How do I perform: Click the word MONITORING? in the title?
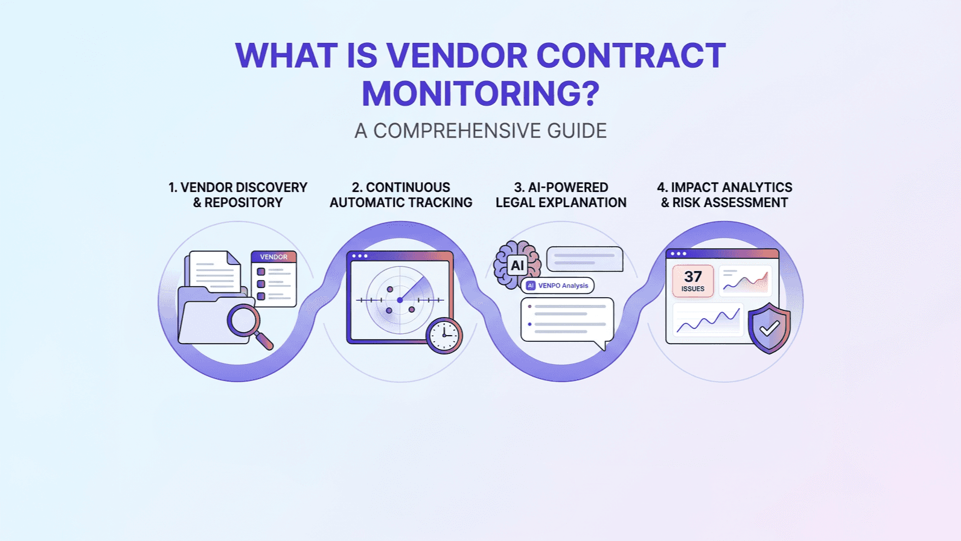coord(481,94)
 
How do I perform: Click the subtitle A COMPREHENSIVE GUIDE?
coord(481,131)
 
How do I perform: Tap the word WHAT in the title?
coord(286,56)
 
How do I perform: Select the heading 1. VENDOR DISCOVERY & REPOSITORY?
coord(238,195)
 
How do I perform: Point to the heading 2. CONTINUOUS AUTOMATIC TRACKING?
coord(401,195)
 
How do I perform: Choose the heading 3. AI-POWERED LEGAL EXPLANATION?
coord(561,195)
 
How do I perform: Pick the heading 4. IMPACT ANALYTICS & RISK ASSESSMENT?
coord(724,195)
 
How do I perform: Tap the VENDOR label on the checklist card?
coord(273,257)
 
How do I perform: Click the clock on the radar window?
coord(444,335)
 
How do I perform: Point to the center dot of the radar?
coord(400,300)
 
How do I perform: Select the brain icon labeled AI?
coord(517,265)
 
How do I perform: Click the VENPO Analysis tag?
coord(557,286)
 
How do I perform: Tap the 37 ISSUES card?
coord(693,281)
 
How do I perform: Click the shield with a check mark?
coord(769,328)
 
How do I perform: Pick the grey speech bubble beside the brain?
coord(584,259)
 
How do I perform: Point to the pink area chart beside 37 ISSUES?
coord(745,281)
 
